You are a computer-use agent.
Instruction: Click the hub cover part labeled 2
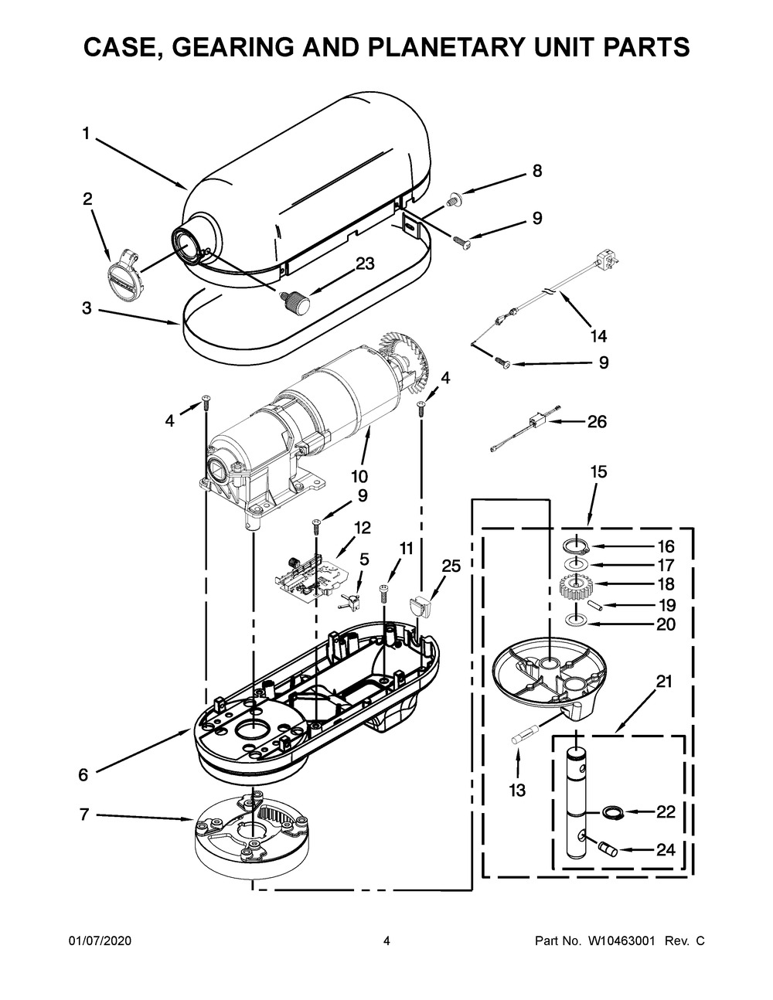pos(122,273)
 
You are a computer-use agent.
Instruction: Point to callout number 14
pos(598,335)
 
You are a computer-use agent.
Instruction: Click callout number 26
pos(597,422)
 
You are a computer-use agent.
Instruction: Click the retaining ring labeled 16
pos(577,546)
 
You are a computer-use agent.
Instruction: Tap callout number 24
pos(665,849)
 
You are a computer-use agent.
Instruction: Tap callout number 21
pos(664,681)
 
